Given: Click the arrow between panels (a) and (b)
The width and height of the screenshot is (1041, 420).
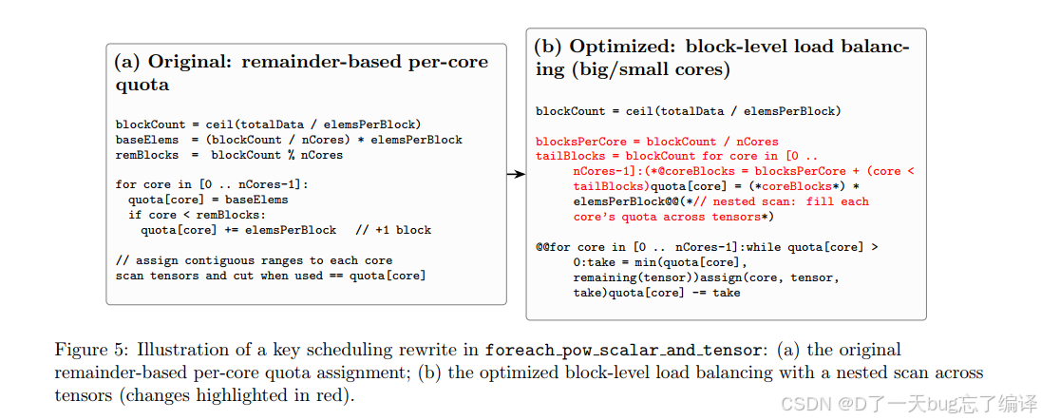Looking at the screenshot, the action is (516, 174).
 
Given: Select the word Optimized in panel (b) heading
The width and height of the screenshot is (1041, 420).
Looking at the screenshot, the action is (617, 48).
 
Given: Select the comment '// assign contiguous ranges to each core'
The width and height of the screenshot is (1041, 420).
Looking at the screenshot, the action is (254, 260).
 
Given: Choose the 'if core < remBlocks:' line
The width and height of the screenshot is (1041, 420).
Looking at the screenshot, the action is (193, 215).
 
